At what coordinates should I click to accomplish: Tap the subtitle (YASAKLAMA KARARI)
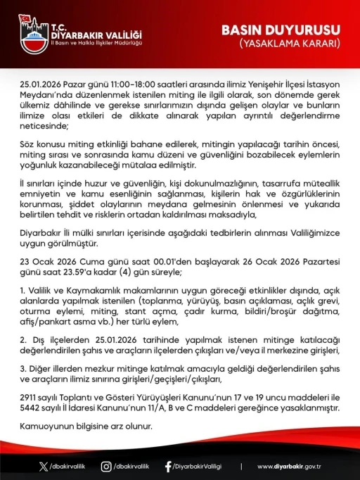click(x=290, y=44)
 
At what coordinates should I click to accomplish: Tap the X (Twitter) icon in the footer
click(x=44, y=466)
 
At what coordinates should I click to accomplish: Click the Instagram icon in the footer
click(x=106, y=466)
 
